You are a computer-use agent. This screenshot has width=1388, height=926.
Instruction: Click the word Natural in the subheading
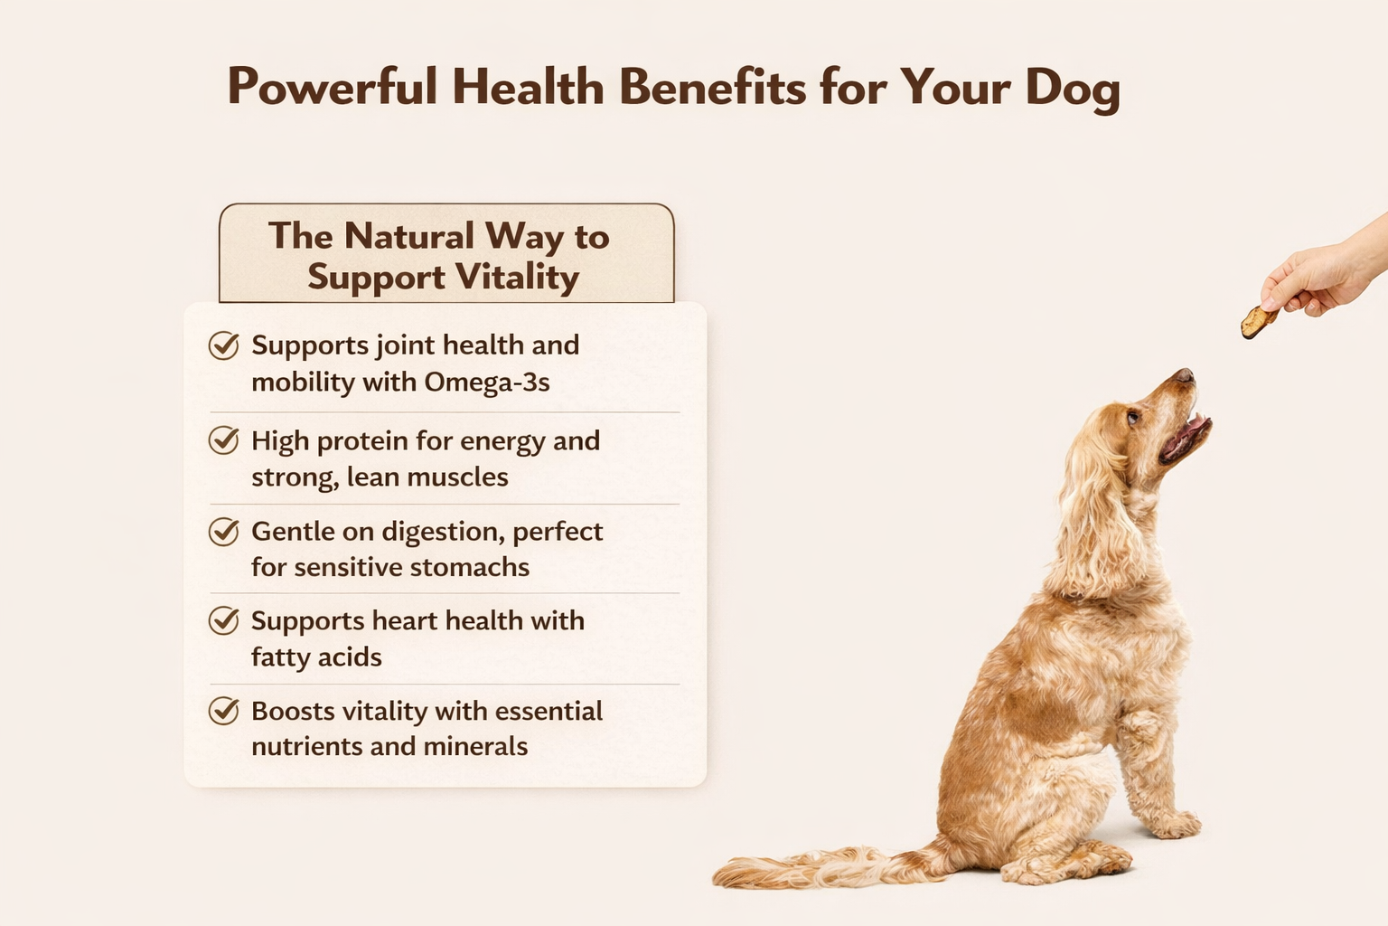[409, 236]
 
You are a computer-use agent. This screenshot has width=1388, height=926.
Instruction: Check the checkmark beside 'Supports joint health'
[223, 345]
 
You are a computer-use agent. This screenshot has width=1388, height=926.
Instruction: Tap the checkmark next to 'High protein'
[223, 440]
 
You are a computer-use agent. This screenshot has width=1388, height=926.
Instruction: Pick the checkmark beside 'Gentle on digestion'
[223, 531]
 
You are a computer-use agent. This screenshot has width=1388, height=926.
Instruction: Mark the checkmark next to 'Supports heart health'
[223, 620]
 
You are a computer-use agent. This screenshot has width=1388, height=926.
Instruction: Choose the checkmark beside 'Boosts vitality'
[223, 711]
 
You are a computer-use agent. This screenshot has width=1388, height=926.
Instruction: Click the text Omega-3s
[486, 383]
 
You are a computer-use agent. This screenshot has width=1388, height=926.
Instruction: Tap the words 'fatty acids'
[316, 657]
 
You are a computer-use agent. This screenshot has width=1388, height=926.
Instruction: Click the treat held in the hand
[1257, 321]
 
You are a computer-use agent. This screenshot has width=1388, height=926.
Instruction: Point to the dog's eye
[1132, 418]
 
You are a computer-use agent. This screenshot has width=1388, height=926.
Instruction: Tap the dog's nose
[1185, 374]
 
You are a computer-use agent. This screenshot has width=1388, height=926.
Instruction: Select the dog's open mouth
[1185, 436]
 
